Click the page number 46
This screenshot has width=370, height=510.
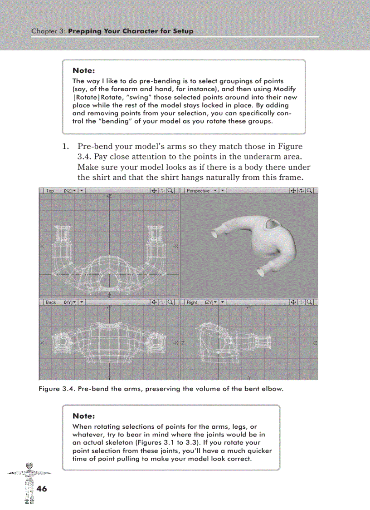point(42,489)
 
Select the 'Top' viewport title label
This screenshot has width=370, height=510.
point(50,191)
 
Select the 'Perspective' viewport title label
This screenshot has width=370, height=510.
point(198,191)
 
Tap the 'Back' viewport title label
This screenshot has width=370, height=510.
point(51,302)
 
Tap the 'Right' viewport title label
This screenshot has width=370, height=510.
point(192,302)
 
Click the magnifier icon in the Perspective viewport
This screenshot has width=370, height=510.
point(311,191)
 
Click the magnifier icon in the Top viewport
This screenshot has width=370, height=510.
point(170,191)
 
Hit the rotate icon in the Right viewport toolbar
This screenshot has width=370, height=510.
point(302,302)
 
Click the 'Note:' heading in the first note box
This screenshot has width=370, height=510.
point(83,71)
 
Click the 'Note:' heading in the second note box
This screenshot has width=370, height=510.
point(83,416)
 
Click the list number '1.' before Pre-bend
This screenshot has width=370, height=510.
point(65,147)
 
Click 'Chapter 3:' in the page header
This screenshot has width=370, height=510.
point(49,31)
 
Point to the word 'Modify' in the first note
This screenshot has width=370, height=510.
point(285,89)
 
